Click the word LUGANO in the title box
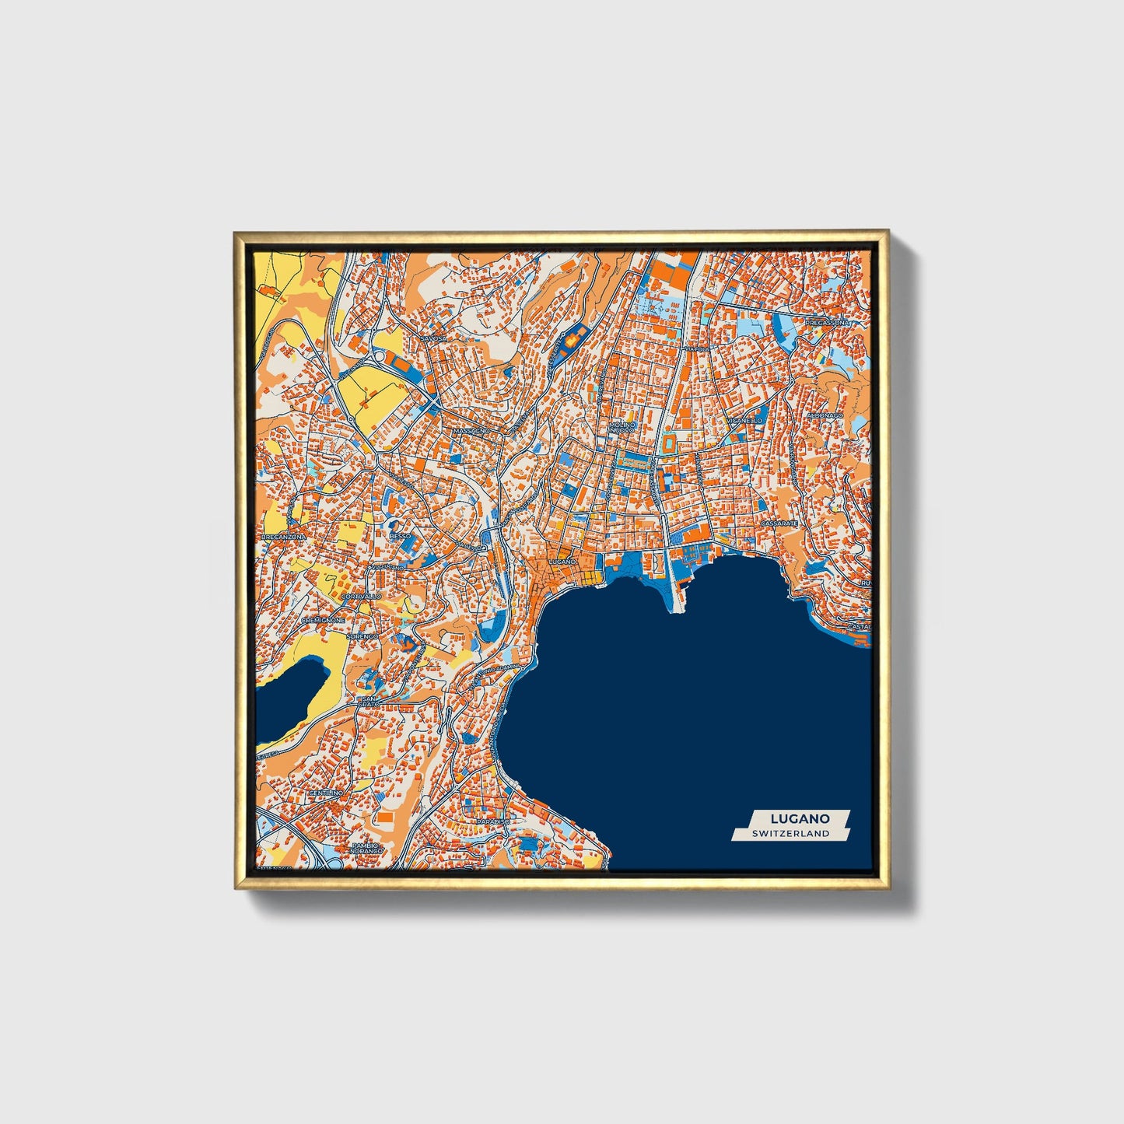[x=800, y=818]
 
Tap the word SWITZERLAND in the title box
[x=790, y=834]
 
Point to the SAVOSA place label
[x=434, y=339]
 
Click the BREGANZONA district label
[x=284, y=537]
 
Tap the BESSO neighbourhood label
[x=400, y=536]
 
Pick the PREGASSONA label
[x=829, y=322]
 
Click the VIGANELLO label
[x=744, y=420]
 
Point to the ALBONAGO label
[x=825, y=416]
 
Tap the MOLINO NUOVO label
[x=622, y=427]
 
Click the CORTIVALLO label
[x=361, y=596]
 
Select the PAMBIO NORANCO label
[x=367, y=848]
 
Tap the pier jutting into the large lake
[x=674, y=591]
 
